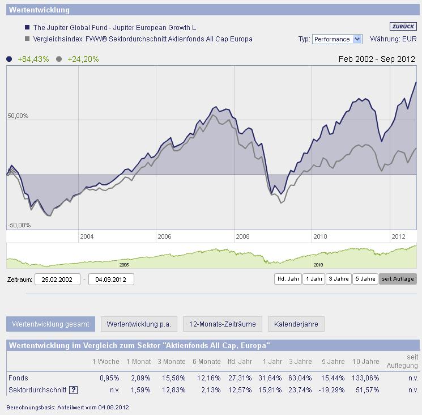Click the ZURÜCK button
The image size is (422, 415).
tap(403, 27)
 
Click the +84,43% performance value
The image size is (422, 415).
tap(33, 59)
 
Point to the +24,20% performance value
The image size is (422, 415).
tap(83, 59)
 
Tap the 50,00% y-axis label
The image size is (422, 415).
tap(18, 116)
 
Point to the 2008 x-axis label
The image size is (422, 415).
tap(242, 236)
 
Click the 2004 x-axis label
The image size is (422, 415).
tap(87, 236)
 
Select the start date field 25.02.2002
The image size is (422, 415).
tap(57, 280)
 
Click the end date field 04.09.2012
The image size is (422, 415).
tap(111, 280)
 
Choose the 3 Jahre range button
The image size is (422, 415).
tap(338, 279)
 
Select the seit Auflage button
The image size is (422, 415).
tap(398, 279)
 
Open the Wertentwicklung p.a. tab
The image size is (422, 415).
tap(139, 324)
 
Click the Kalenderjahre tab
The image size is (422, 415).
tap(296, 324)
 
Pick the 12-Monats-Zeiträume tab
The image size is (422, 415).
tap(223, 324)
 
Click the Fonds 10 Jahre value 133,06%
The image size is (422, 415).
tap(365, 378)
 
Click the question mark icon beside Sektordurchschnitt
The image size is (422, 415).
tap(73, 390)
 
